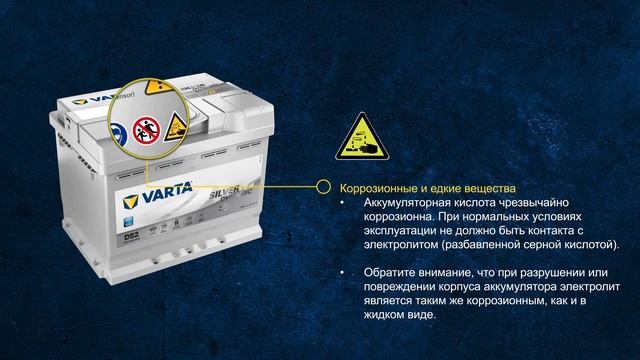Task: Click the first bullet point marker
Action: coord(343,203)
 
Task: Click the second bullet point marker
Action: coord(343,273)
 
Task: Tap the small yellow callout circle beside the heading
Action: coord(322,187)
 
